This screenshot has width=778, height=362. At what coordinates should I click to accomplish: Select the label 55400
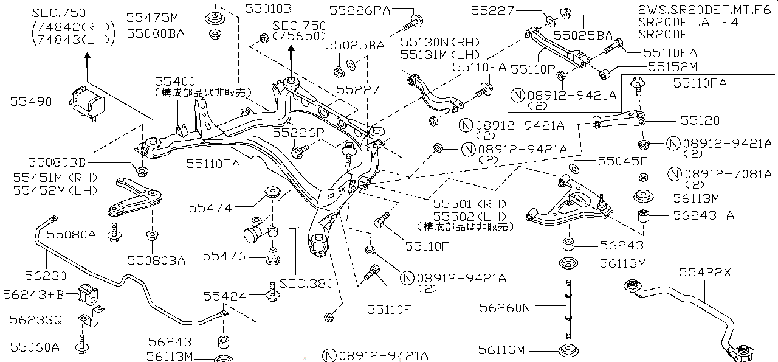(x=174, y=81)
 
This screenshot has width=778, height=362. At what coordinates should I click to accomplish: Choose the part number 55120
(x=699, y=121)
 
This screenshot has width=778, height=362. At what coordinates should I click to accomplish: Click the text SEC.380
(x=306, y=283)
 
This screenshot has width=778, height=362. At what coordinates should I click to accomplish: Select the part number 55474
(x=210, y=208)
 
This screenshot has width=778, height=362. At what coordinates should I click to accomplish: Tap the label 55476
(x=224, y=257)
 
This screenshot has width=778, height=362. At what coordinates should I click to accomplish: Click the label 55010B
(x=268, y=9)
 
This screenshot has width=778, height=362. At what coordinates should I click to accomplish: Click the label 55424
(x=225, y=296)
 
